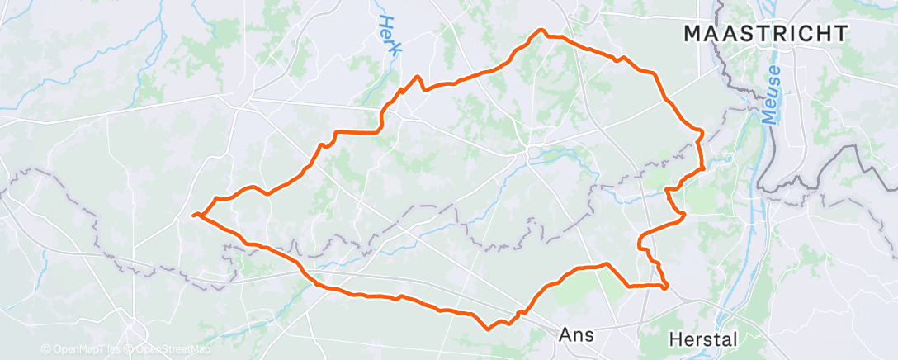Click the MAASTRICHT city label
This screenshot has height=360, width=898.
coord(765,34)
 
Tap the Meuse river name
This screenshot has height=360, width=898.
coord(772,95)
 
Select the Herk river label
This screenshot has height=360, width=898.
coord(389,36)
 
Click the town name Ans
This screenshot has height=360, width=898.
coord(576,334)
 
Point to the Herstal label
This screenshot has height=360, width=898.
coord(703,339)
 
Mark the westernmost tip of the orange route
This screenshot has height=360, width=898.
coord(193,216)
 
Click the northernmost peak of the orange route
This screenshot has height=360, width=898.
coord(541,31)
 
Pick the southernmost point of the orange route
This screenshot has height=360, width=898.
coord(489,329)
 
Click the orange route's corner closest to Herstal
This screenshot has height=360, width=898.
coord(666,287)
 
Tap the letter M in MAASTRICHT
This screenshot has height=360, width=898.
coord(692,34)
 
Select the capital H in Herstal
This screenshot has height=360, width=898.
coord(674,339)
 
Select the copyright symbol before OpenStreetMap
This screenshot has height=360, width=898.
coord(132,350)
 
